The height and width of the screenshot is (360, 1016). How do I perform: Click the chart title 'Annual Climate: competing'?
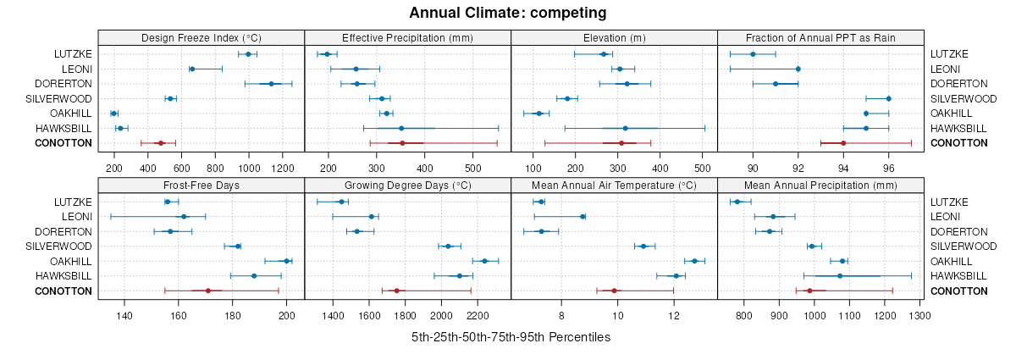(x=508, y=13)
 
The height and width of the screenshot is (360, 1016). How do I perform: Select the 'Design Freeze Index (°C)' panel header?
(x=202, y=37)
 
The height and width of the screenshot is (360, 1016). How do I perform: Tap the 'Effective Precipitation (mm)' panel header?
(x=407, y=37)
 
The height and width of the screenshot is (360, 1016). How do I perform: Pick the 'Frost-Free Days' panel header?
(x=202, y=185)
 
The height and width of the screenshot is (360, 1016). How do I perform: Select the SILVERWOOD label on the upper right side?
(x=959, y=98)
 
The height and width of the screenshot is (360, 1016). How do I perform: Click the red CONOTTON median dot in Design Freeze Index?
(x=161, y=143)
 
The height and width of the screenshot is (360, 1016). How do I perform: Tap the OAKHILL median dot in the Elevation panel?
(x=539, y=114)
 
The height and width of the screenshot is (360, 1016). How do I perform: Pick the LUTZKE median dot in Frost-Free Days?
(x=168, y=202)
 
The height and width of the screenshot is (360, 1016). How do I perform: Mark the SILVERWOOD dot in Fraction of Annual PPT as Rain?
(x=888, y=98)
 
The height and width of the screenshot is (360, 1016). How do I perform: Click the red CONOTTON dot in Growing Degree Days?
(x=396, y=291)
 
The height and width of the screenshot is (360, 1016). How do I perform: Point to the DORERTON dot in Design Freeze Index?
(x=271, y=84)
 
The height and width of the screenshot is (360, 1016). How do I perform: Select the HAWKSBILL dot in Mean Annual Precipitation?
(x=840, y=276)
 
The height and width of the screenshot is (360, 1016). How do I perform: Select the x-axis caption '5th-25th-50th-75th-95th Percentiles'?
(x=511, y=337)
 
